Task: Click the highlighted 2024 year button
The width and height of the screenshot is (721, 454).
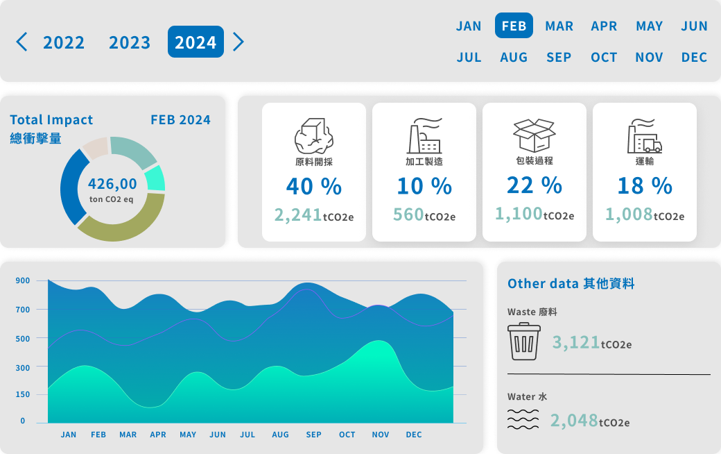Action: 196,42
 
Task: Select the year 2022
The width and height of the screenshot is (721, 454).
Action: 64,42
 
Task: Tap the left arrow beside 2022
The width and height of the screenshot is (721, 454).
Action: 22,42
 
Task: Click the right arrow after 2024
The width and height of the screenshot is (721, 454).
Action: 238,42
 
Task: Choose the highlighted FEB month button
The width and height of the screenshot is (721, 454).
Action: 514,26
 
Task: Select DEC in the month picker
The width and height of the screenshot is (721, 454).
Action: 694,57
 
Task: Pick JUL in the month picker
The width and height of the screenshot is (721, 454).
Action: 469,57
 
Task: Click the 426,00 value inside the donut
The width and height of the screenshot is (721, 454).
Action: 112,184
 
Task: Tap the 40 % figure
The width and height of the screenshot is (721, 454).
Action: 313,186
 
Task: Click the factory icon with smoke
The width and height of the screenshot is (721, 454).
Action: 424,136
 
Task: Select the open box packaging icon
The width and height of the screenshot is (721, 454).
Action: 534,135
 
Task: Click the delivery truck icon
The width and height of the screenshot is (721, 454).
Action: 645,137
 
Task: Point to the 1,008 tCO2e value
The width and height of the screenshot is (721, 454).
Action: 644,215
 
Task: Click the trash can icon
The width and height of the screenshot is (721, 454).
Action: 524,342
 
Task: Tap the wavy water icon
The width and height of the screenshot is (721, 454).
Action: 523,419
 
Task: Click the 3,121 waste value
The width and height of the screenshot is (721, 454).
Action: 591,342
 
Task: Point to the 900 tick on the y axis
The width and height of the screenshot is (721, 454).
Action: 22,280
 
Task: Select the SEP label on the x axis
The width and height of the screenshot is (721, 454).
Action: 313,435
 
